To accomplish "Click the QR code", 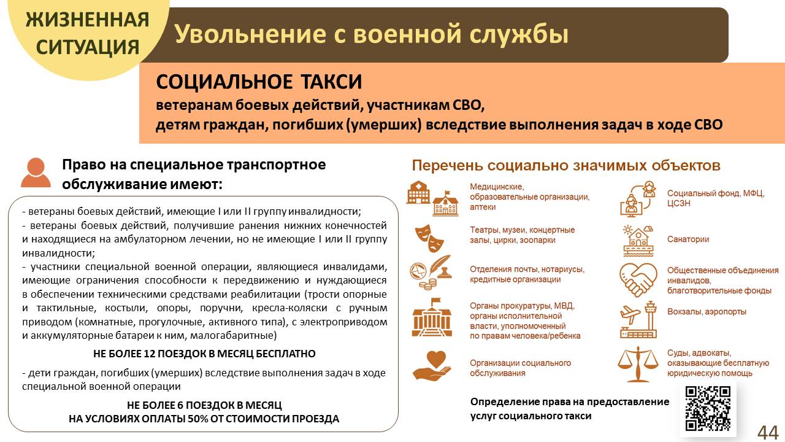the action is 708,408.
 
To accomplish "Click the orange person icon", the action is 36,173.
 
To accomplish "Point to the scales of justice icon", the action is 637,364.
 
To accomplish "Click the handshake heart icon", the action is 638,280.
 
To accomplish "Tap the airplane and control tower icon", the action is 638,320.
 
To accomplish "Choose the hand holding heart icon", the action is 432,365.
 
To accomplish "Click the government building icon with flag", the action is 432,317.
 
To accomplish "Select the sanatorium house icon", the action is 638,241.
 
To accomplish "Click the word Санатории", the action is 688,239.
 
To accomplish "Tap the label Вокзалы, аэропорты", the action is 706,312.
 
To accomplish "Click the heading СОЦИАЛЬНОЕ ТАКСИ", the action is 259,82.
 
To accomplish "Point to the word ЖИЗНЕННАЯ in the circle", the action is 87,19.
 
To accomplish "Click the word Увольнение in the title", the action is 250,34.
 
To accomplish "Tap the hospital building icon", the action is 418,192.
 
